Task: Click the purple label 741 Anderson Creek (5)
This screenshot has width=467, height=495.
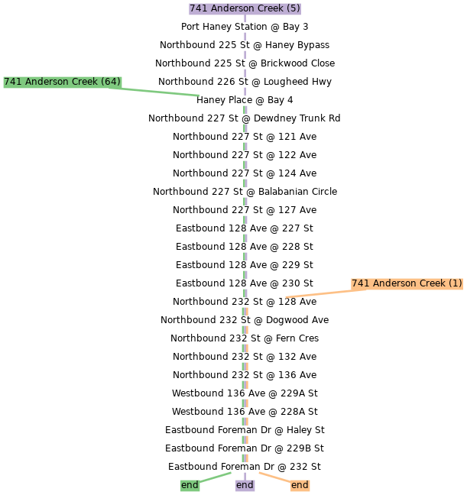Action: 245,9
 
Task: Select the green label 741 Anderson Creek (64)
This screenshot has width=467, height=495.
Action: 62,82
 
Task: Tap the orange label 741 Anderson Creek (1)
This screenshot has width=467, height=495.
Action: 407,283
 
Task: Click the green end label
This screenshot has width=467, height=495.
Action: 190,485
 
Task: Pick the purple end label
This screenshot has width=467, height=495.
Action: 245,485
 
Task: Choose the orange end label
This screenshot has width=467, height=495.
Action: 300,485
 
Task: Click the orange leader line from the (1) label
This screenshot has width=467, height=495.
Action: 317,293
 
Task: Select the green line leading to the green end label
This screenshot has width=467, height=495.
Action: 216,477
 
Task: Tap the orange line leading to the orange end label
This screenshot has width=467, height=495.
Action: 274,477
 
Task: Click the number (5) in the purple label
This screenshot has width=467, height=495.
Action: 293,9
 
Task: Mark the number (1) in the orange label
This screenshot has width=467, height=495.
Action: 456,283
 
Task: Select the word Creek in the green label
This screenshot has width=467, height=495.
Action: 86,82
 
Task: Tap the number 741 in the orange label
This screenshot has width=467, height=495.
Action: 360,283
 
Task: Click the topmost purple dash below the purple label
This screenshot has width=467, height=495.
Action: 245,18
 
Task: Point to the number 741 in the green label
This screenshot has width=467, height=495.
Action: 12,82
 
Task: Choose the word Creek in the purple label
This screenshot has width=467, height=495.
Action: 271,9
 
